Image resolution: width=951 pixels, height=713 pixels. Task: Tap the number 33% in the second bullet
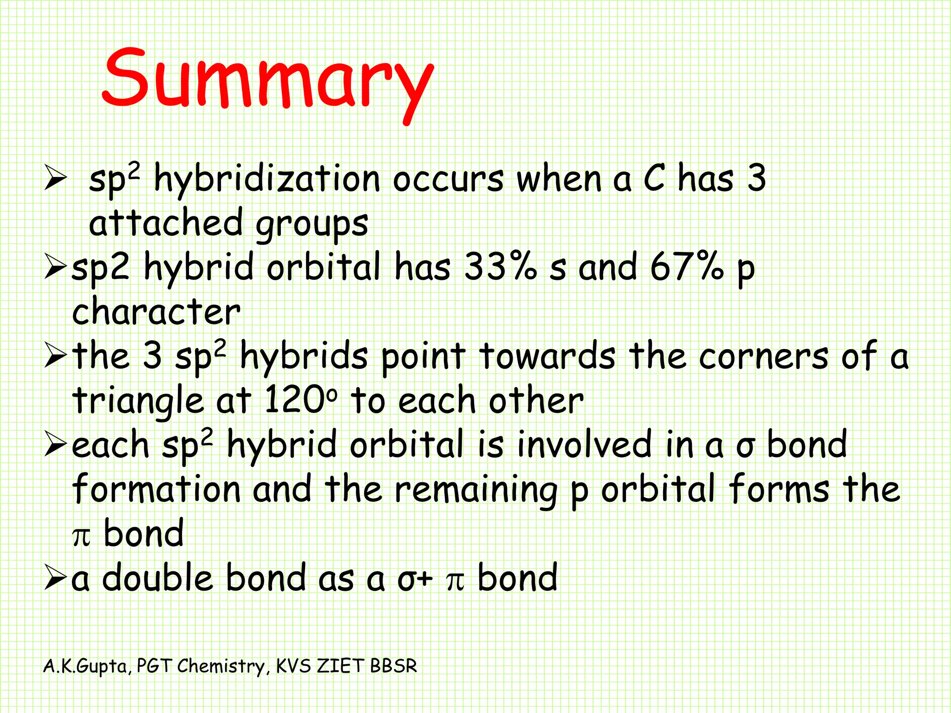pos(500,267)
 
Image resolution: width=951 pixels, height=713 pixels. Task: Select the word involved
pos(585,445)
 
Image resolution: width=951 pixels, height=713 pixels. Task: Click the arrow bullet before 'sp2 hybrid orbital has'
pos(56,268)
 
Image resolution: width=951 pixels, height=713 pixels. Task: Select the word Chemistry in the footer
pos(221,666)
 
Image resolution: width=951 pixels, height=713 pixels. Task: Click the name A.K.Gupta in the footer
pos(85,667)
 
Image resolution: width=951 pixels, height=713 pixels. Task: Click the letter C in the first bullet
pos(654,178)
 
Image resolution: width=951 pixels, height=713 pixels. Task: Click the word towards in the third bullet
pos(547,356)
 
